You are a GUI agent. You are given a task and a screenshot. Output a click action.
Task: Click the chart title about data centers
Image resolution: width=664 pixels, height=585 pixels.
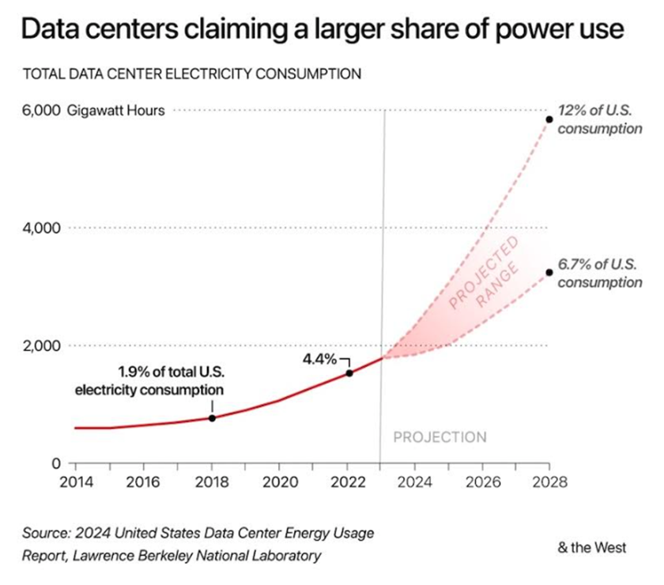pos(322,31)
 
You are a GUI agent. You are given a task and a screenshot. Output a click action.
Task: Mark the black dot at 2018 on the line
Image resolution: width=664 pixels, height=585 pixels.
pos(212,417)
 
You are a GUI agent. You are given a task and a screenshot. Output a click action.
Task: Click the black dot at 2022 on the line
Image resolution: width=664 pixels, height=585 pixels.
pos(349,372)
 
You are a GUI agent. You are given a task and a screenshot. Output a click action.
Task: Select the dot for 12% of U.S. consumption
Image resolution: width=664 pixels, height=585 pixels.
pos(549,119)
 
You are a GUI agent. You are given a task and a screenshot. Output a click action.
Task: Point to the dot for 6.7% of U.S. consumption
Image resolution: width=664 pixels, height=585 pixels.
pos(549,272)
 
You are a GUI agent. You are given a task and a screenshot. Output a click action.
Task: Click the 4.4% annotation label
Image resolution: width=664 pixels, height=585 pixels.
pos(320,358)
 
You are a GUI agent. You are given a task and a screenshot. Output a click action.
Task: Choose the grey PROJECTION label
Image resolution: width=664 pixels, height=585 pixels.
pos(440,437)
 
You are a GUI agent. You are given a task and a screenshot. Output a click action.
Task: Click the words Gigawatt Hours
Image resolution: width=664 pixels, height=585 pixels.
pos(116,111)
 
